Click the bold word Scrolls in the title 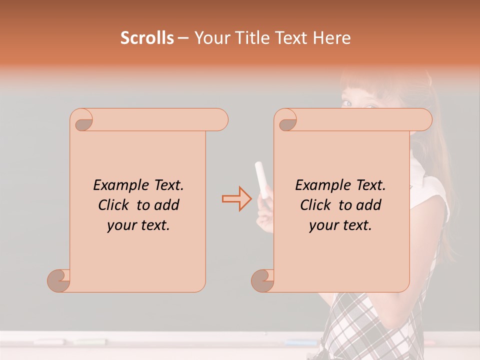click(x=147, y=37)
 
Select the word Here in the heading click(x=332, y=37)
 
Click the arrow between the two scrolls click(x=236, y=198)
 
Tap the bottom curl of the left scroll click(x=59, y=279)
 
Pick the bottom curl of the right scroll click(x=263, y=279)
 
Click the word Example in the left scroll click(x=117, y=185)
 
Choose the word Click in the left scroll click(x=115, y=205)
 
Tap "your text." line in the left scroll click(x=138, y=225)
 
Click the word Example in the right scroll click(x=319, y=185)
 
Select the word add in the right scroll click(x=369, y=205)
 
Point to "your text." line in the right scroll click(x=340, y=225)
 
